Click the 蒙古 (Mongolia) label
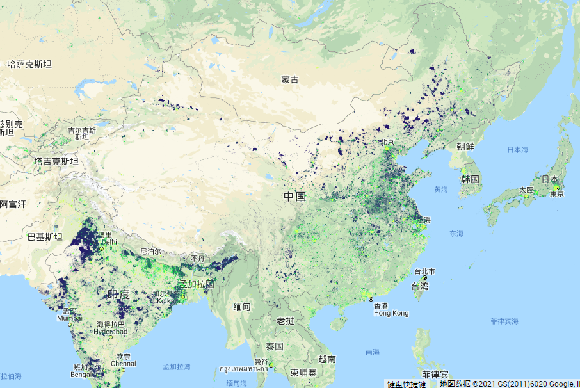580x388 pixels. click(290, 80)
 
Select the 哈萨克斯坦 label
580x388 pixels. click(29, 64)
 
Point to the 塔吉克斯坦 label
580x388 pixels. click(56, 162)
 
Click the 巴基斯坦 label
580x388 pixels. click(44, 237)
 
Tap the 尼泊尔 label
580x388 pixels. click(152, 252)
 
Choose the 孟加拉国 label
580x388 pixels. click(197, 284)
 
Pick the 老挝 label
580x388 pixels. click(286, 320)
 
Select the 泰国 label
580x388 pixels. click(275, 346)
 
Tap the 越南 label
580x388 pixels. click(326, 360)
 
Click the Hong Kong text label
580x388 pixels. click(391, 313)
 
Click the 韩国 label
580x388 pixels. click(471, 179)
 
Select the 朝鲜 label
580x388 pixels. click(465, 146)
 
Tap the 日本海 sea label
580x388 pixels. click(517, 150)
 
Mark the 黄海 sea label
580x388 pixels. click(441, 190)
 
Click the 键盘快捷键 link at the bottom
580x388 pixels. click(406, 384)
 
